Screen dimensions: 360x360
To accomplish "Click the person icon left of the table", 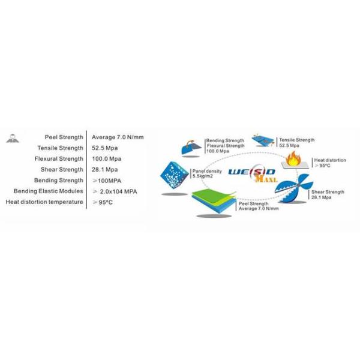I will click(x=11, y=139).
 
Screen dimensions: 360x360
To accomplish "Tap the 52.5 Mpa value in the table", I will click(x=104, y=148).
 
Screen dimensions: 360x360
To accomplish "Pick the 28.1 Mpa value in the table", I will click(x=104, y=169).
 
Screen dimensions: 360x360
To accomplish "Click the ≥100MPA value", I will click(x=107, y=180).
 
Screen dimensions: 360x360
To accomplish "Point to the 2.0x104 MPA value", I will click(x=115, y=191).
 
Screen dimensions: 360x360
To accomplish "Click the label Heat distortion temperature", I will click(x=44, y=202).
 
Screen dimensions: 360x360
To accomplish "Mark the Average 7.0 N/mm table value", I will click(x=117, y=137).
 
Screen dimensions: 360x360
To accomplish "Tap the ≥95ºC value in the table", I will click(x=102, y=202).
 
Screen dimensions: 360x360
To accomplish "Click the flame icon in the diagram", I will click(x=295, y=158).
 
